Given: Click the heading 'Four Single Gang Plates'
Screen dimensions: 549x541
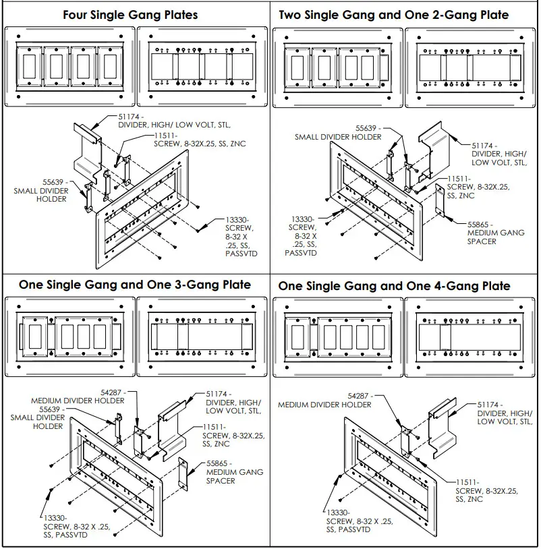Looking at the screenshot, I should [x=130, y=15].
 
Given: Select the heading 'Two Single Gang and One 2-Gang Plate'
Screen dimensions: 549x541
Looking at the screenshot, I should [x=393, y=15].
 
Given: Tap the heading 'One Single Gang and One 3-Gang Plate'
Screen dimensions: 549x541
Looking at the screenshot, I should [x=135, y=285].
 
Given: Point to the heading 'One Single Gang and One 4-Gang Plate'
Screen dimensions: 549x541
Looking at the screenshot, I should [x=394, y=286].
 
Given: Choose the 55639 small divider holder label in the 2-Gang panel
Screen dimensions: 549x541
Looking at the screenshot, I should [x=338, y=132].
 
